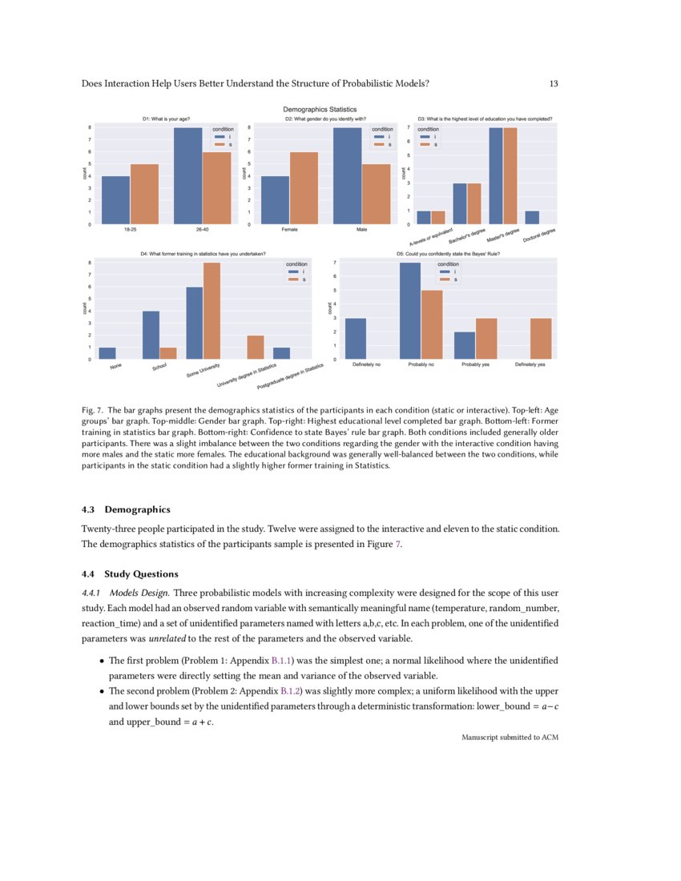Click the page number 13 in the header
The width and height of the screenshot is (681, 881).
(554, 83)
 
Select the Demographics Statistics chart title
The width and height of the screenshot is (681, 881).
(320, 109)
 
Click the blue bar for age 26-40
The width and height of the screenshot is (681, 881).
(188, 175)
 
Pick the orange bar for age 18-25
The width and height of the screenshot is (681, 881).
(144, 194)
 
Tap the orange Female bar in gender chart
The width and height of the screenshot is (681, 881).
(304, 187)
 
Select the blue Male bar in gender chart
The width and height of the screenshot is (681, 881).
(347, 175)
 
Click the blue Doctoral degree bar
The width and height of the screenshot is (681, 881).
(532, 217)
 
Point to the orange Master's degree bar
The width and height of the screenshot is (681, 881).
(510, 175)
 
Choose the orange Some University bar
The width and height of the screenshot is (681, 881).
(212, 311)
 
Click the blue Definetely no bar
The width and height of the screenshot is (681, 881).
(355, 338)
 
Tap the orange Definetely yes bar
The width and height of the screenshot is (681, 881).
(541, 338)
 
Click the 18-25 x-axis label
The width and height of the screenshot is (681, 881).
(130, 230)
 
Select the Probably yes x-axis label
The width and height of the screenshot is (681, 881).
(476, 365)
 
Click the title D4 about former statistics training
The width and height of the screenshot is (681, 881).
(203, 254)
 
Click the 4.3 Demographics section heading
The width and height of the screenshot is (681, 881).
(126, 509)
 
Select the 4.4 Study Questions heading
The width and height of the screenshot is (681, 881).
(130, 573)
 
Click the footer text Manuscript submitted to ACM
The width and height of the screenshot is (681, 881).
(510, 737)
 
